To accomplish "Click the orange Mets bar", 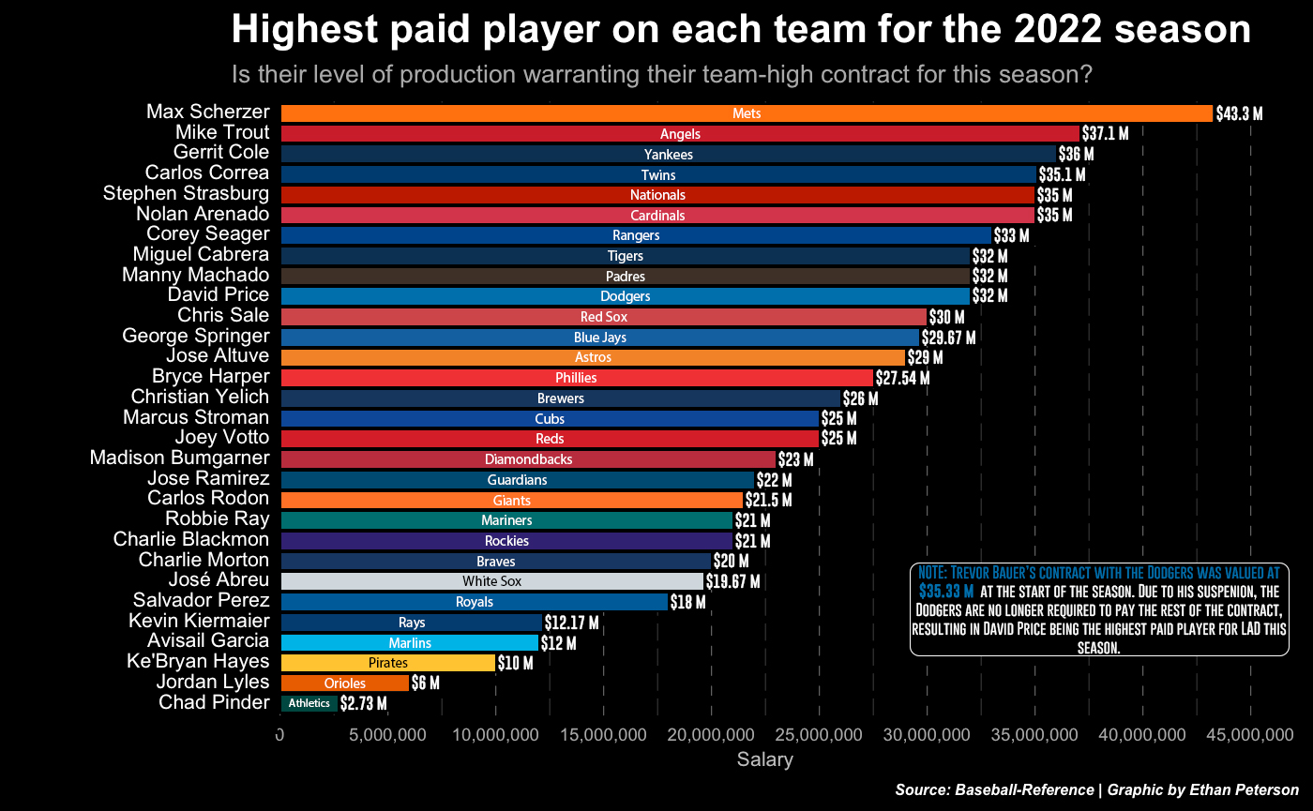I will click(746, 113).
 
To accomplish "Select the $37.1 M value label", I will click(1105, 133).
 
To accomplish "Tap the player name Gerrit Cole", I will click(221, 153).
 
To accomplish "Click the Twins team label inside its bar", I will click(658, 174).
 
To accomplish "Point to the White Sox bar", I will click(492, 581).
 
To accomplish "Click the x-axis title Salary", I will click(764, 759).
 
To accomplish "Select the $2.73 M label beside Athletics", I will click(363, 703).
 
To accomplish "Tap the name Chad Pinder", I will click(214, 702).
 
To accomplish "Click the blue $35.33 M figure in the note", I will click(945, 592).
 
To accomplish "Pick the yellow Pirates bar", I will click(387, 663).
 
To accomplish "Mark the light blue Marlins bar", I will click(410, 642).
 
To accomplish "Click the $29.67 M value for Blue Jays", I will click(949, 337).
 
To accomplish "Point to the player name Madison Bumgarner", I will click(179, 458).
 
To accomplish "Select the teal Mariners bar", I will click(506, 520).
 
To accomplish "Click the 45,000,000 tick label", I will click(1249, 733).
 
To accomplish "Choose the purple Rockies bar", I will click(506, 541).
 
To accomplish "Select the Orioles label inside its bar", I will click(345, 683).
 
